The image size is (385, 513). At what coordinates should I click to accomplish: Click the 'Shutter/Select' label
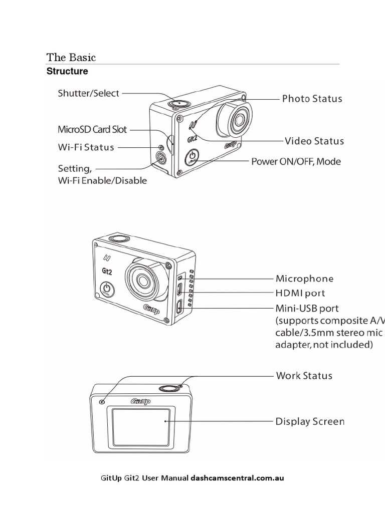coord(88,93)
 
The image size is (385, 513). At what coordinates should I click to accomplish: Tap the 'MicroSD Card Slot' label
coord(93,130)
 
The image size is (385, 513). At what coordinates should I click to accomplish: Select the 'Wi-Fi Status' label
coord(86,147)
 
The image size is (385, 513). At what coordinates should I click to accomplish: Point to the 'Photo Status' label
coord(312,99)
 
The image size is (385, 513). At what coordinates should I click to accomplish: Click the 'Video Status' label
coord(314,141)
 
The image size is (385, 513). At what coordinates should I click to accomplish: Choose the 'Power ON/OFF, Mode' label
coord(295,161)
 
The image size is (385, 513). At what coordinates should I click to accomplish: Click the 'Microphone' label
coord(304,279)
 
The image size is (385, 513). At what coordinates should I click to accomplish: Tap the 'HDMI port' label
coord(300,293)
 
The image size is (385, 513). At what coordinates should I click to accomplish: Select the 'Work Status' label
coord(304,375)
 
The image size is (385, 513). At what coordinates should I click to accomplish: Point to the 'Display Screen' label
coord(310,421)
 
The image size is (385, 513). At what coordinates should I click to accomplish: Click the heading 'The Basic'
coord(71,57)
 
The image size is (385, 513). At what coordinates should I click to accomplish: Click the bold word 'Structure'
coord(67,71)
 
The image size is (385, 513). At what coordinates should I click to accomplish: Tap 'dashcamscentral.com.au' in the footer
coord(237,478)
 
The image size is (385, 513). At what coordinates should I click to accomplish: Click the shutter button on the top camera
coord(177,103)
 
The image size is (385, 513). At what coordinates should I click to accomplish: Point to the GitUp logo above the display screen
coord(141,401)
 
